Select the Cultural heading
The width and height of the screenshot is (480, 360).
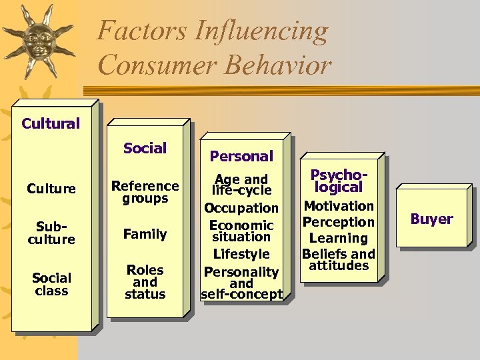click(51, 123)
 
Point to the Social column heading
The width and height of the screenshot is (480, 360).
click(145, 148)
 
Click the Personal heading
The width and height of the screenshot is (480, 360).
click(241, 156)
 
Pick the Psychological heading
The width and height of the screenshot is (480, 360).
click(339, 181)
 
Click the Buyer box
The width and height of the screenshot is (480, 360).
click(431, 219)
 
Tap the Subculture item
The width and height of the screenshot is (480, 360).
click(51, 233)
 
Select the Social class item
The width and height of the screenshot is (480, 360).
click(51, 284)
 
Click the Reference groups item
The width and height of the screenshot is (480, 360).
click(145, 192)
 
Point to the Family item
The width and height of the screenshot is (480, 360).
click(145, 234)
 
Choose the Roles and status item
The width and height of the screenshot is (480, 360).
click(145, 281)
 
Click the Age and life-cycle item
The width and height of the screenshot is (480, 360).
click(241, 185)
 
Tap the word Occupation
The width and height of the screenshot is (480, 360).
click(241, 208)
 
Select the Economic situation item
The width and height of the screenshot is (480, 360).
click(241, 231)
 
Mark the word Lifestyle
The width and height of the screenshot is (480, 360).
click(241, 254)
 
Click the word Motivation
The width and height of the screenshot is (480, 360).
click(339, 206)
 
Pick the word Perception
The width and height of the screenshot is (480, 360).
click(339, 222)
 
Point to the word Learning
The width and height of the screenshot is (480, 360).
click(339, 238)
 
